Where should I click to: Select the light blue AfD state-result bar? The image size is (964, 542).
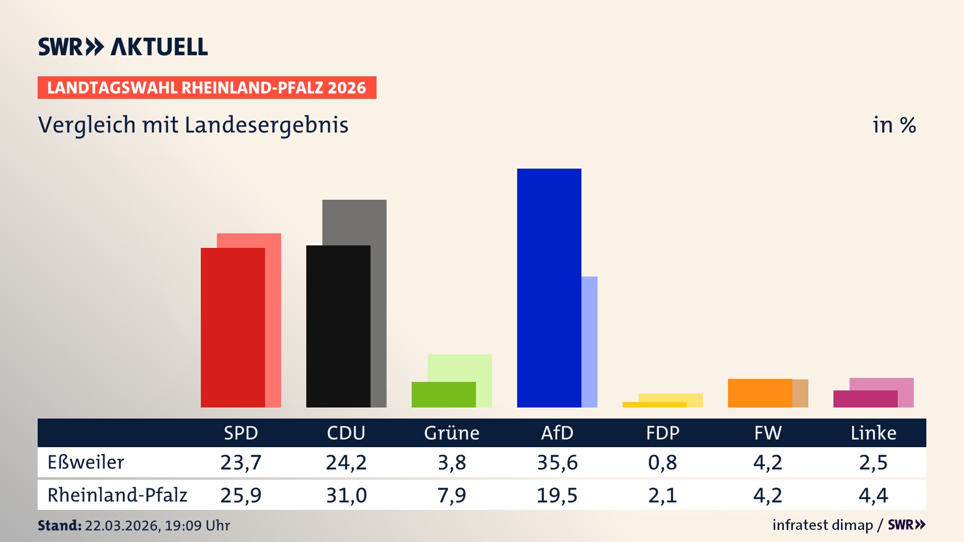589,341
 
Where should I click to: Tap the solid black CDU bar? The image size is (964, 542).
338,326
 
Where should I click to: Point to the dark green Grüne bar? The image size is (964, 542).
443,394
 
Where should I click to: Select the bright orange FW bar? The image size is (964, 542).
760,393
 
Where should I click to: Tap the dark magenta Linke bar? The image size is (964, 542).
865,399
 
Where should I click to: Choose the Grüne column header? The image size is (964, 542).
451,433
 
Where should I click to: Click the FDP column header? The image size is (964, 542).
662,433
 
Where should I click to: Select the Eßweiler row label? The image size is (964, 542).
85,462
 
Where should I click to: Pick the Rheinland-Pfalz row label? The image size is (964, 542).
117,495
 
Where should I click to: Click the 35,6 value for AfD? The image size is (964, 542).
557,462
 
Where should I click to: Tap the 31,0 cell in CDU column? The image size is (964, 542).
346,495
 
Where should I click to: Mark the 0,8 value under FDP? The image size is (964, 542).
662,462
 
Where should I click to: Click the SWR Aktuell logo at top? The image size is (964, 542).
123,47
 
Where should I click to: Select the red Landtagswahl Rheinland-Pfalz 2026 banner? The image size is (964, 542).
206,88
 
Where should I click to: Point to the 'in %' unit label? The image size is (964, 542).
894,125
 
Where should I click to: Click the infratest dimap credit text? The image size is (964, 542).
822,525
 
